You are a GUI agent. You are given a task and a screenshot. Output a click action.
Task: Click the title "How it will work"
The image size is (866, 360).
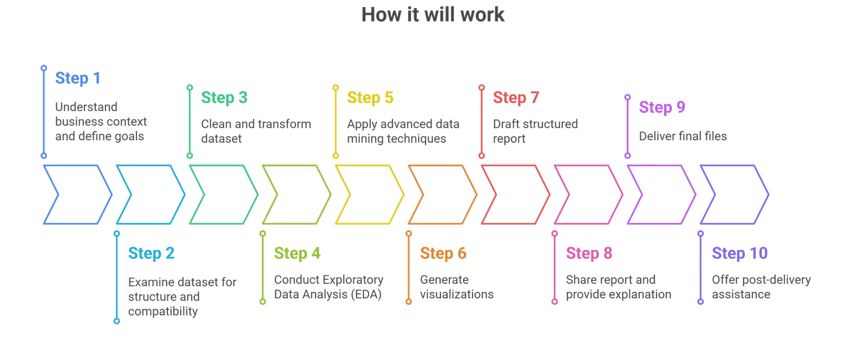click(433, 15)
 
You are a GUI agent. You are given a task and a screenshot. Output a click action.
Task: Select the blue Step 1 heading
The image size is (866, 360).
click(78, 78)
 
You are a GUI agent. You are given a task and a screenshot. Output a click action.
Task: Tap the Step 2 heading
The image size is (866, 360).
click(151, 253)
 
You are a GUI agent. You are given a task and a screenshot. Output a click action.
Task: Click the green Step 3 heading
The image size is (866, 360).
click(224, 98)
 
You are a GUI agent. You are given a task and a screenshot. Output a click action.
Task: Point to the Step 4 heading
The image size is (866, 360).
click(297, 253)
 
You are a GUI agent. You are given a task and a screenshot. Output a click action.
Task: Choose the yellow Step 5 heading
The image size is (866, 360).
click(370, 98)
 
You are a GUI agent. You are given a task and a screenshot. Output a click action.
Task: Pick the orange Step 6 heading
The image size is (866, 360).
click(443, 253)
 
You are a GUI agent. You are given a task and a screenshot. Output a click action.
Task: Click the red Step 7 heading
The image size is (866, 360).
click(516, 98)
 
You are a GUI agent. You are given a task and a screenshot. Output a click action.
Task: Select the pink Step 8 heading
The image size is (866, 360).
click(589, 253)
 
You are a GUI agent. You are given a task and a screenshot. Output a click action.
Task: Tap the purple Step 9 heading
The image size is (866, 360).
click(662, 107)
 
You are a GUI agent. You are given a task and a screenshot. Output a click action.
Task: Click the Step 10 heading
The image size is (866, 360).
click(740, 253)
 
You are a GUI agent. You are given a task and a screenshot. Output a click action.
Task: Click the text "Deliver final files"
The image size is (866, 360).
click(683, 136)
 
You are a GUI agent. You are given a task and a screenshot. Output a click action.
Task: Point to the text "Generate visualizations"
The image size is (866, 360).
click(456, 287)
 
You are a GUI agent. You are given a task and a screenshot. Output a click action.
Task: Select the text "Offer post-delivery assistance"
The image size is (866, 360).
click(761, 287)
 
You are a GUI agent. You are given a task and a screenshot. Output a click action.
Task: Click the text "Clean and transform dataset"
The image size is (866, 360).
click(256, 131)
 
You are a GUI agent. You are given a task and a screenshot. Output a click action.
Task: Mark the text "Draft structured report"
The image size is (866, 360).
click(535, 131)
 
